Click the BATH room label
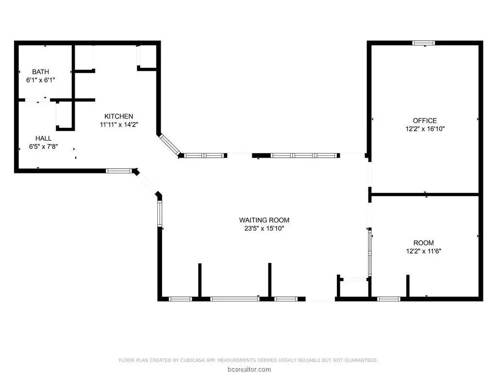(x=41, y=72)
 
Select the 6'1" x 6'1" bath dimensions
(x=41, y=80)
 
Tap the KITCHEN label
(x=119, y=116)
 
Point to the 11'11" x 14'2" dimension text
(x=119, y=124)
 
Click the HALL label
(x=43, y=138)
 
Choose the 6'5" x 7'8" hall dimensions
(x=43, y=147)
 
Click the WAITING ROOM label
(x=264, y=220)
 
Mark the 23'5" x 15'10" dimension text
(x=264, y=228)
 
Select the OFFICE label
(x=425, y=120)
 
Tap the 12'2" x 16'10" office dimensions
(x=425, y=129)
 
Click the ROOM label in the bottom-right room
(x=423, y=243)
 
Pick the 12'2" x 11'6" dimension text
(x=423, y=251)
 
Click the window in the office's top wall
(x=423, y=43)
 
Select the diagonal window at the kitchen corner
(x=169, y=145)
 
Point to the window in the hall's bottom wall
(x=119, y=171)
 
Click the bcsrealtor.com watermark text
(x=249, y=369)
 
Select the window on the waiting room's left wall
(x=160, y=214)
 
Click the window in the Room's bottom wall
(x=389, y=299)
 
